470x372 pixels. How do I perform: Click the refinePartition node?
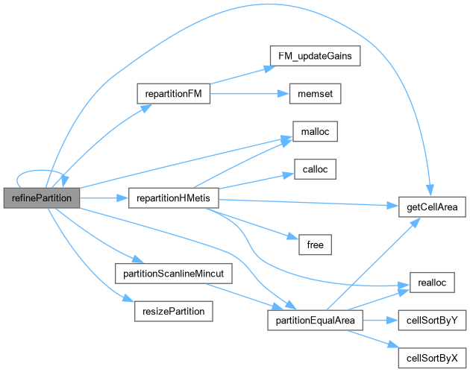pyautogui.click(x=41, y=198)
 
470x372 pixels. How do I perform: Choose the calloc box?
pyautogui.click(x=309, y=168)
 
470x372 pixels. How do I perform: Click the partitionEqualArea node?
pyautogui.click(x=315, y=320)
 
